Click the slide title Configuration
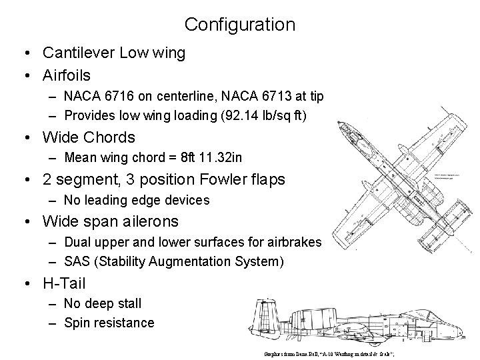pyautogui.click(x=240, y=25)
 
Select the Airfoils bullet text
pyautogui.click(x=67, y=75)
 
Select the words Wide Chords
pyautogui.click(x=89, y=137)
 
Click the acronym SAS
pyautogui.click(x=79, y=262)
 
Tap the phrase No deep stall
pyautogui.click(x=103, y=303)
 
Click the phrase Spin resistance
pyautogui.click(x=109, y=323)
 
